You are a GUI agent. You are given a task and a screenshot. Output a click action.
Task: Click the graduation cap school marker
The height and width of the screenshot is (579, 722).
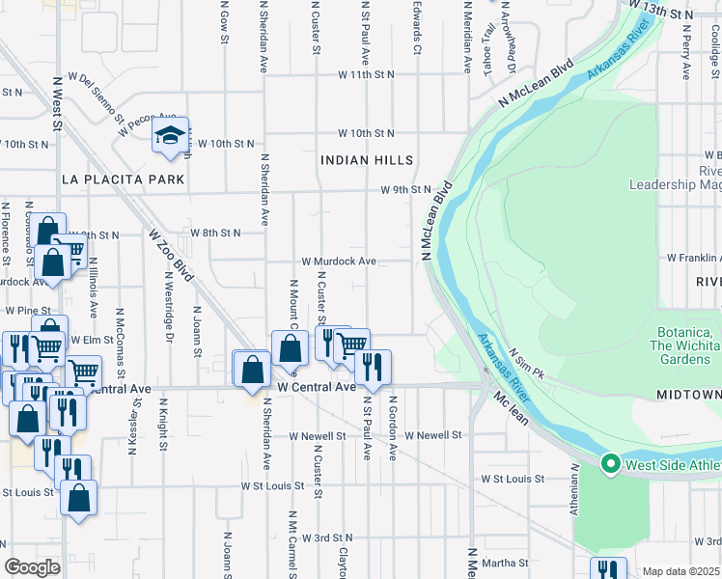tap(170, 136)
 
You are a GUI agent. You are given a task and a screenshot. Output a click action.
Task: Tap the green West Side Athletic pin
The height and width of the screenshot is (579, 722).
tap(609, 465)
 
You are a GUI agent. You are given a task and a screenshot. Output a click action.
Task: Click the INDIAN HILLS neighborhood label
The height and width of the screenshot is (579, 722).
tap(367, 160)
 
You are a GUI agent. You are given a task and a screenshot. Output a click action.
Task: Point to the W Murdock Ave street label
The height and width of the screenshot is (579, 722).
tap(338, 262)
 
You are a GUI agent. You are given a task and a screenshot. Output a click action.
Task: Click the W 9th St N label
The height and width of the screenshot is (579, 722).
tap(404, 190)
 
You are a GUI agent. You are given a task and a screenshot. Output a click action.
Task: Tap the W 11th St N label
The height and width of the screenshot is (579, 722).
tap(366, 74)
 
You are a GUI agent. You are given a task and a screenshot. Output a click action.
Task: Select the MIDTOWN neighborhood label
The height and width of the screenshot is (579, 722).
tap(688, 396)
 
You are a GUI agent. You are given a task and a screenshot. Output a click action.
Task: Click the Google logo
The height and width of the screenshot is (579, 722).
tap(32, 567)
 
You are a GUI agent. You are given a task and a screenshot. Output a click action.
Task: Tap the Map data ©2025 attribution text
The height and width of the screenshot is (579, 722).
tap(681, 571)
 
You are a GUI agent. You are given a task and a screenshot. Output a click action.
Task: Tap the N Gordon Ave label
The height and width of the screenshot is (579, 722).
tap(393, 426)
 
